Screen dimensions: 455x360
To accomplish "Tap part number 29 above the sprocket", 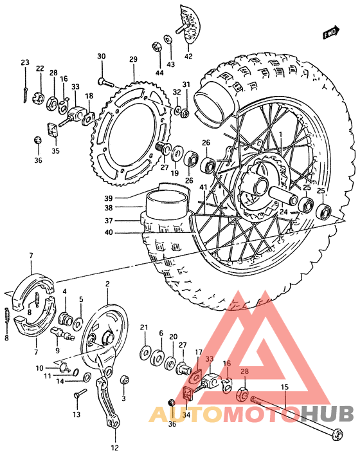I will point(133,60).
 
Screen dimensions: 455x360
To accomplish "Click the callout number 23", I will point(24,63).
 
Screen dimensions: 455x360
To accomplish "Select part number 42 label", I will point(188,56).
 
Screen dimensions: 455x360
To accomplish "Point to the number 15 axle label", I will point(285,387).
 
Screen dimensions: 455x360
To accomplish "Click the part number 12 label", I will point(114,448).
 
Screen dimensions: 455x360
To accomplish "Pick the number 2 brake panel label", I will point(107,284).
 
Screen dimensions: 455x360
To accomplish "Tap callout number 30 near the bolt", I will point(101,57).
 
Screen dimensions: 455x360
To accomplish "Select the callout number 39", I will point(109,198).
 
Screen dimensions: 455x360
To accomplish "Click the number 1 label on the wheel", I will point(280,135).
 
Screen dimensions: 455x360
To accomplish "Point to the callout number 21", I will point(144,327).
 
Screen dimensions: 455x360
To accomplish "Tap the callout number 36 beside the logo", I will point(172,424).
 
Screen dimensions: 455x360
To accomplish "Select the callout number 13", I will point(76,415).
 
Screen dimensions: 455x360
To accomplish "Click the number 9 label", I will point(57,351).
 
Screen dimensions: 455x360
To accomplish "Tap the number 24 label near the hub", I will point(283,212).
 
